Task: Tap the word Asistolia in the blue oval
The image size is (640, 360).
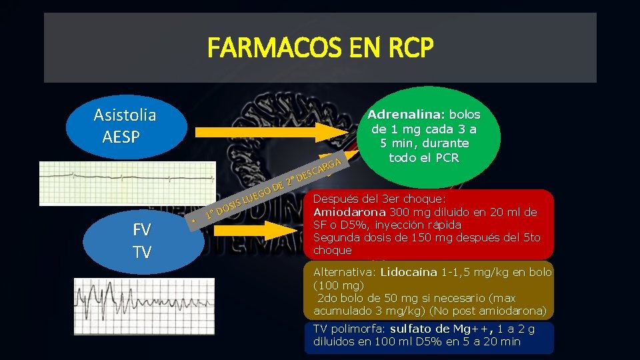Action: tap(125, 115)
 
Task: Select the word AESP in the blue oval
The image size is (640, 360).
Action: tap(121, 137)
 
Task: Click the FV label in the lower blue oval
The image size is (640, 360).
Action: tap(141, 229)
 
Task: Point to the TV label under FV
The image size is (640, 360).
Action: tap(141, 252)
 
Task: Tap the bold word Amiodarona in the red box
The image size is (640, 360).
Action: tap(347, 212)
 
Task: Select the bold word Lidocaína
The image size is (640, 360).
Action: tap(410, 272)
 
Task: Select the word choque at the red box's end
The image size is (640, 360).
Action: tap(332, 251)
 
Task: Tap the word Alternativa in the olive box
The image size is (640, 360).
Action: tap(344, 272)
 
